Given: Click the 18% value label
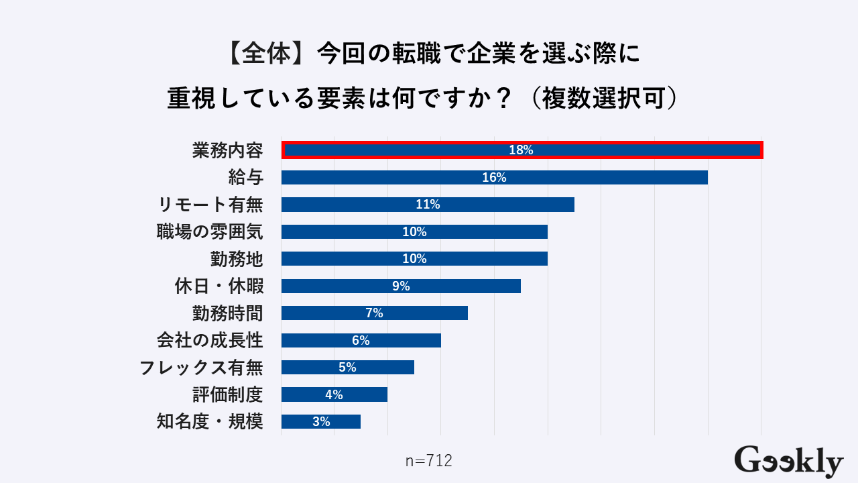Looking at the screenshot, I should pyautogui.click(x=521, y=150).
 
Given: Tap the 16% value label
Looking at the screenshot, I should pyautogui.click(x=494, y=178).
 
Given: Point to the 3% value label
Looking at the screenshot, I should pyautogui.click(x=321, y=422).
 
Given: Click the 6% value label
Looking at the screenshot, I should pyautogui.click(x=361, y=340).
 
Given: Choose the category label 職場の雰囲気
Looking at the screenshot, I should pyautogui.click(x=210, y=232).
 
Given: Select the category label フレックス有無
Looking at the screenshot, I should pyautogui.click(x=201, y=368).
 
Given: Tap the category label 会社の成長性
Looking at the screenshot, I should pyautogui.click(x=210, y=340).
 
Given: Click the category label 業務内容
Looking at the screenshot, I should pyautogui.click(x=227, y=150).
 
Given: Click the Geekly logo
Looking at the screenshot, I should pyautogui.click(x=788, y=461).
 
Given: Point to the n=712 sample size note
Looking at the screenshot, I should pyautogui.click(x=429, y=461).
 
